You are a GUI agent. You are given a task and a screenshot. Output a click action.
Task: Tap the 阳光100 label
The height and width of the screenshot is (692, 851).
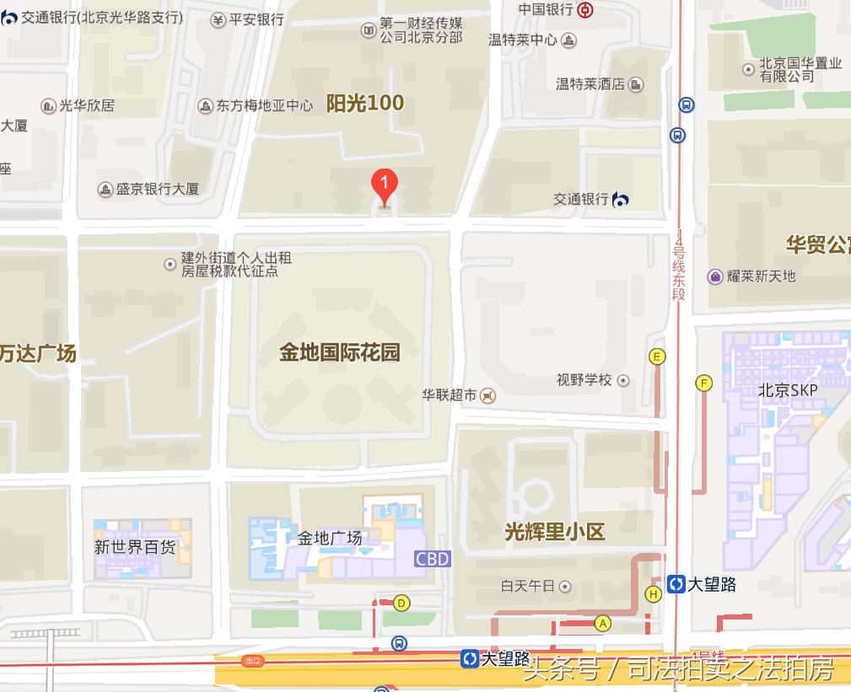pyautogui.click(x=365, y=103)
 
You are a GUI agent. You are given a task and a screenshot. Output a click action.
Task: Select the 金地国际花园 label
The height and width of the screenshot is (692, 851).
pyautogui.click(x=340, y=351)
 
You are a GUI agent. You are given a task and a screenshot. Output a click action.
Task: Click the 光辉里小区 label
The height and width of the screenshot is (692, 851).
pyautogui.click(x=555, y=532)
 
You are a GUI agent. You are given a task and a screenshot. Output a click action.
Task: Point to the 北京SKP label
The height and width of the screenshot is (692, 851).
pyautogui.click(x=788, y=390)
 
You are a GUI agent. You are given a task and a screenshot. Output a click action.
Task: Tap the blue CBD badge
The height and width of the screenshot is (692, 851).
pyautogui.click(x=433, y=558)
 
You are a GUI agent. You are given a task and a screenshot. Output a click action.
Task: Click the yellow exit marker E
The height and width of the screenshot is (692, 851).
pyautogui.click(x=657, y=357)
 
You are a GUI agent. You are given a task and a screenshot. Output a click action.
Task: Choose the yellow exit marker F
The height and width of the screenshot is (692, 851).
pyautogui.click(x=703, y=384)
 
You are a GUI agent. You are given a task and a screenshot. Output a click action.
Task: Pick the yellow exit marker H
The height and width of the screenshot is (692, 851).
pyautogui.click(x=653, y=594)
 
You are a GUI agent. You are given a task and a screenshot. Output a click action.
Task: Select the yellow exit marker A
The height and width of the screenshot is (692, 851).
pyautogui.click(x=602, y=623)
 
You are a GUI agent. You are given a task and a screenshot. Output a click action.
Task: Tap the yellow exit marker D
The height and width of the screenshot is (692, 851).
pyautogui.click(x=401, y=603)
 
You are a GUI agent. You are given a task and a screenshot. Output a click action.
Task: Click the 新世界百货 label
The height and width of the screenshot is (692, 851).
pyautogui.click(x=135, y=547)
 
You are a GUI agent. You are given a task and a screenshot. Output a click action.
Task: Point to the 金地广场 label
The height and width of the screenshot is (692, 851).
pyautogui.click(x=330, y=538)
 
